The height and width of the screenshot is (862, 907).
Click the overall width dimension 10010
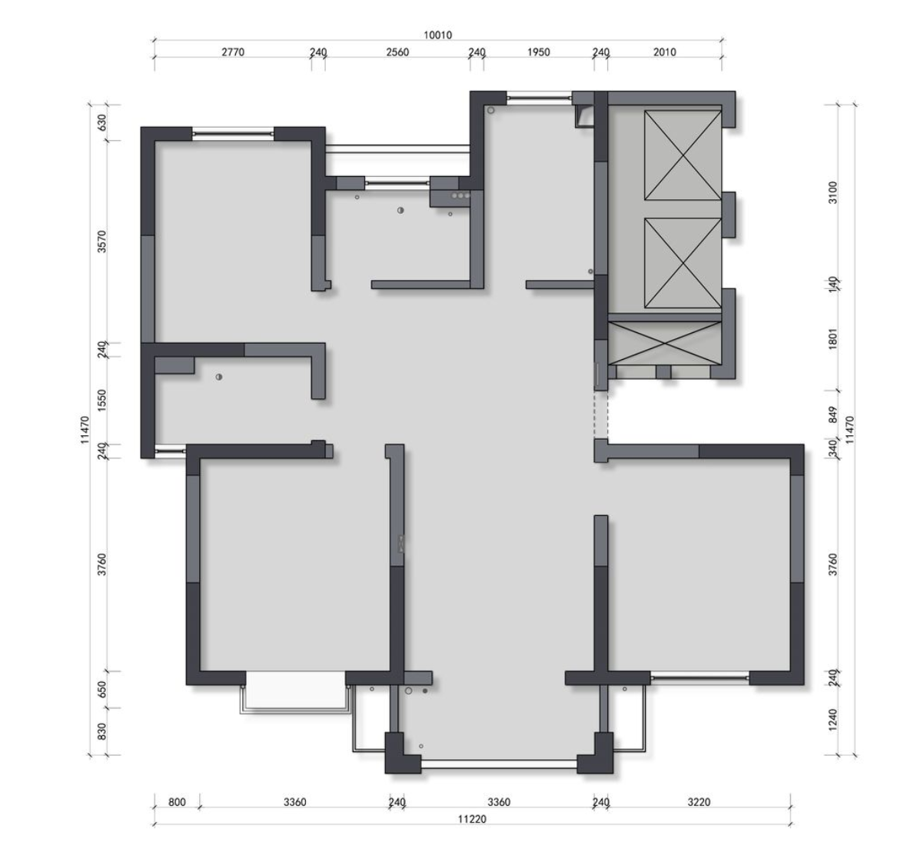pyautogui.click(x=437, y=35)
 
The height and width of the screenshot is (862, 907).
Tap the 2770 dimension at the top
pyautogui.click(x=233, y=52)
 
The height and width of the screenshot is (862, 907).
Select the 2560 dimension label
pyautogui.click(x=397, y=52)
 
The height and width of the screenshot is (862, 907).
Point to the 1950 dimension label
pyautogui.click(x=539, y=52)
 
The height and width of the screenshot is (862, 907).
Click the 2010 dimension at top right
pyautogui.click(x=665, y=52)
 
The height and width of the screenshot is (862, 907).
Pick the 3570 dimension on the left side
pyautogui.click(x=101, y=241)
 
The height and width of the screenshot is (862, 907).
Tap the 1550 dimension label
pyautogui.click(x=101, y=400)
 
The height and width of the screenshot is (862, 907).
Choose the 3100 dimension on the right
pyautogui.click(x=832, y=193)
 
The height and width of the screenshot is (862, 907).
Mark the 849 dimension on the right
pyautogui.click(x=832, y=414)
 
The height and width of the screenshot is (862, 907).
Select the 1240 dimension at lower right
pyautogui.click(x=832, y=720)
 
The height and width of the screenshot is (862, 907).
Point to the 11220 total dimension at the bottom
pyautogui.click(x=472, y=819)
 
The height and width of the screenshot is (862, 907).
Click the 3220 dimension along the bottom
pyautogui.click(x=699, y=802)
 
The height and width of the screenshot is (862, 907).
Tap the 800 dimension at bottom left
pyautogui.click(x=177, y=802)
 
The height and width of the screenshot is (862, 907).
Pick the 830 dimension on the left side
pyautogui.click(x=101, y=731)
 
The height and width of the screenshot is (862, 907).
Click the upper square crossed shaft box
pyautogui.click(x=683, y=155)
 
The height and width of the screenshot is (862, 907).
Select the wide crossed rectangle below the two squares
pyautogui.click(x=665, y=343)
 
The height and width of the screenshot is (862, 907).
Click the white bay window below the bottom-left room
pyautogui.click(x=296, y=692)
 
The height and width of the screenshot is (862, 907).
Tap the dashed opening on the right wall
pyautogui.click(x=601, y=414)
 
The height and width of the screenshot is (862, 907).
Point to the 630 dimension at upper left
pyautogui.click(x=101, y=122)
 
